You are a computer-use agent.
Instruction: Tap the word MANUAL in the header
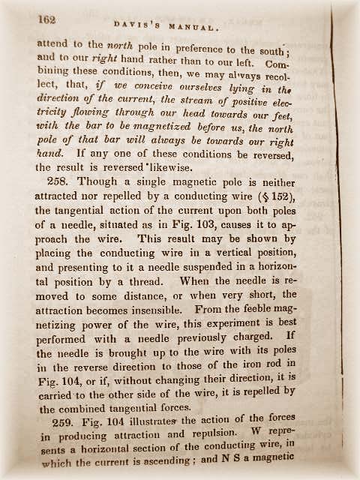coord(197,27)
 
